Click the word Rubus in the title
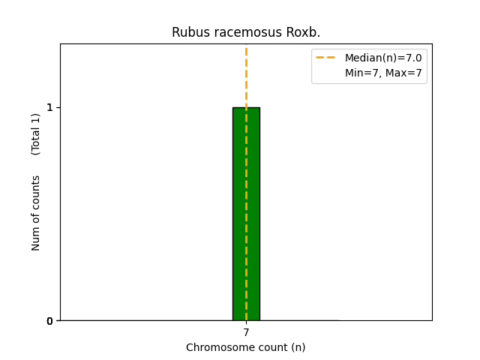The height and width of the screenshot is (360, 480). coord(187,32)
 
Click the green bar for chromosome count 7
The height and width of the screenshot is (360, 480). coord(246,214)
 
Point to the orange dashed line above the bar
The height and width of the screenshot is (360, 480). coord(246,75)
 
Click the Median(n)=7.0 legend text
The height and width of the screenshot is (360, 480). coord(383,58)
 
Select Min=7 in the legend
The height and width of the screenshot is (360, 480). coord(362,73)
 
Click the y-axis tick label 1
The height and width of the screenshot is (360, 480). coord(49,107)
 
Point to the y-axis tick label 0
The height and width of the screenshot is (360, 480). coord(49,321)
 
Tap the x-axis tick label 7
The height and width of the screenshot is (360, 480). coord(246,332)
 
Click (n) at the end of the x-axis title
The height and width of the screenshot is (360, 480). coord(298,347)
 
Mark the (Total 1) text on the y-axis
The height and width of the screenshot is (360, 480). coord(36,133)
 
